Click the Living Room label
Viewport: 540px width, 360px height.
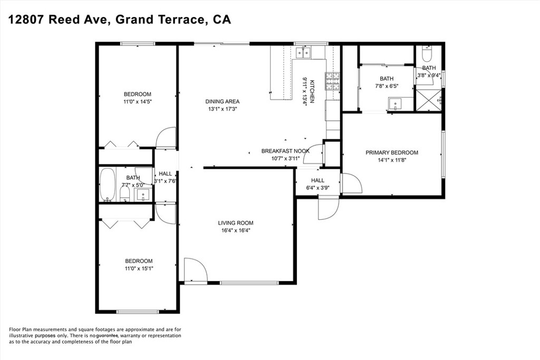pyautogui.click(x=236, y=223)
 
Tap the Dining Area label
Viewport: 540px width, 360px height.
pyautogui.click(x=223, y=102)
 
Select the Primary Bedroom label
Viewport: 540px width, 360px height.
pyautogui.click(x=392, y=152)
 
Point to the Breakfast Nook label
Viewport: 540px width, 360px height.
pyautogui.click(x=285, y=151)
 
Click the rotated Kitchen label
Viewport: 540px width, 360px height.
pyautogui.click(x=312, y=92)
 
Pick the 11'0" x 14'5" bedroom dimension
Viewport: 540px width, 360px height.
pyautogui.click(x=138, y=102)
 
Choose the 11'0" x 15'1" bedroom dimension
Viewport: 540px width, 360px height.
pyautogui.click(x=139, y=268)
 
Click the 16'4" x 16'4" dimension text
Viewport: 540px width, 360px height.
pyautogui.click(x=236, y=230)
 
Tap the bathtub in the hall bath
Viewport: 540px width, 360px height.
pyautogui.click(x=107, y=184)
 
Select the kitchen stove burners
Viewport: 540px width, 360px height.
pyautogui.click(x=332, y=82)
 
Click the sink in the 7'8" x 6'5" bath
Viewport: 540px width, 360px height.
pyautogui.click(x=396, y=104)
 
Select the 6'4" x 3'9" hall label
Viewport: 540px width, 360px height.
pyautogui.click(x=317, y=184)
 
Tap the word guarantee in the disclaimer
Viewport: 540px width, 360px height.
pyautogui.click(x=108, y=335)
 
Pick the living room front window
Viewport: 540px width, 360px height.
pyautogui.click(x=249, y=283)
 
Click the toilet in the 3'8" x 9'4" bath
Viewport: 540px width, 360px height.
pyautogui.click(x=428, y=53)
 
